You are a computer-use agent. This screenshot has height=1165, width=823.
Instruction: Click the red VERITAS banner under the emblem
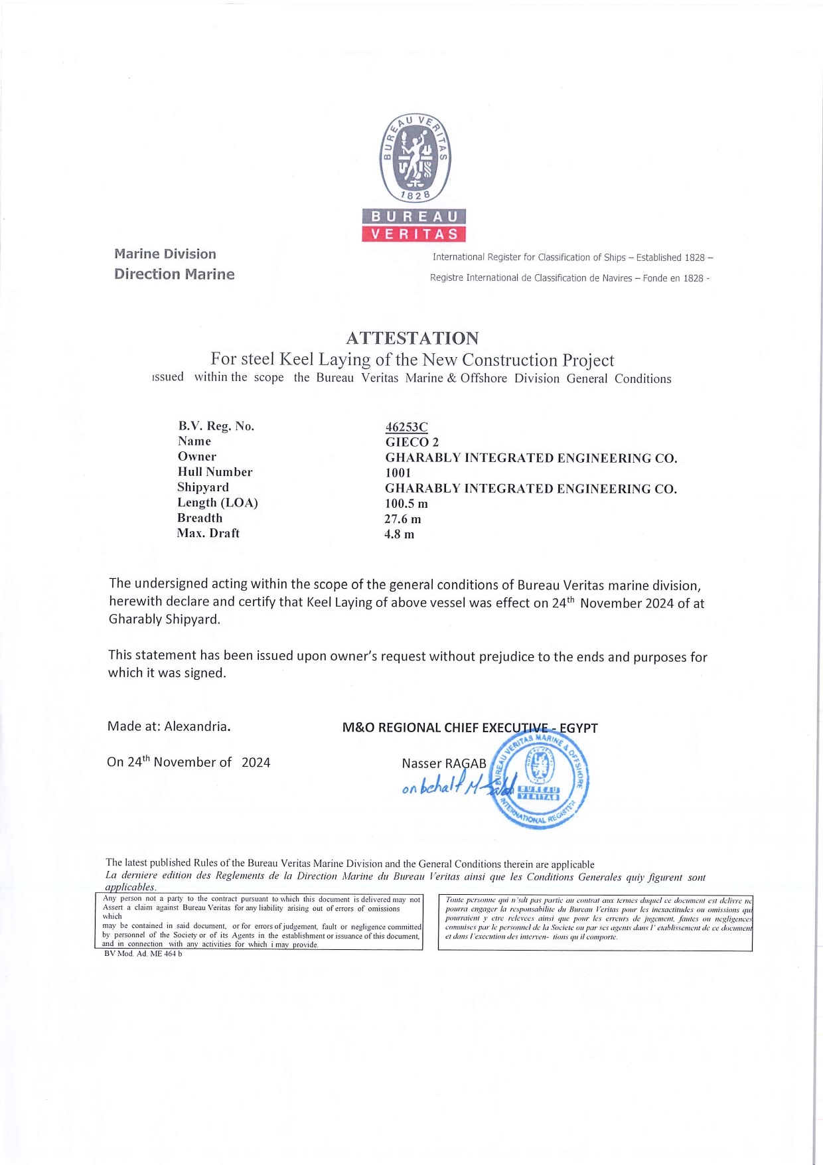pos(414,234)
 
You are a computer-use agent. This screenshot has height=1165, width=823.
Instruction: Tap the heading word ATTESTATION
pos(412,338)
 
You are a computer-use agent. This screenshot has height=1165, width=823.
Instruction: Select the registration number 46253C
pos(406,427)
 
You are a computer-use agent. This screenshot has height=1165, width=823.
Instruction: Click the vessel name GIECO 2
pos(411,442)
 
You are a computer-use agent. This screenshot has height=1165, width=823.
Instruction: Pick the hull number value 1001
pos(398,473)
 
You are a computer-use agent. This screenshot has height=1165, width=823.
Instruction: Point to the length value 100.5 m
pos(406,504)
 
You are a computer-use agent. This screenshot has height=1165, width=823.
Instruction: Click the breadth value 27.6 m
pos(402,519)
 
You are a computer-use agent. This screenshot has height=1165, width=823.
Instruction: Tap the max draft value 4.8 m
pos(399,534)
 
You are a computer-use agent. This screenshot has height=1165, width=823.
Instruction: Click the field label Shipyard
pos(202,487)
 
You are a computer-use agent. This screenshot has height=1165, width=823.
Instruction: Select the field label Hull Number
pos(214,472)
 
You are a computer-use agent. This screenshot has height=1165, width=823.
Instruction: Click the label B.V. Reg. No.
pos(216,426)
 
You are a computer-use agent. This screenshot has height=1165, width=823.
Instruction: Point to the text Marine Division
pos(165,254)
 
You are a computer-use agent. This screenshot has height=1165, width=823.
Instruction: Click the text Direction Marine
pos(174,274)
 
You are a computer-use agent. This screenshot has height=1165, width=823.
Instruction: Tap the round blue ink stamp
pos(538,781)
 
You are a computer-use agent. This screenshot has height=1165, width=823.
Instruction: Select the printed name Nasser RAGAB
pos(443,763)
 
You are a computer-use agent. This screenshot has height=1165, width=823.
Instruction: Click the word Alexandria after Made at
pos(197,726)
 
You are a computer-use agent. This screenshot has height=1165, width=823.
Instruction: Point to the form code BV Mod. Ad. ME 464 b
pos(143,954)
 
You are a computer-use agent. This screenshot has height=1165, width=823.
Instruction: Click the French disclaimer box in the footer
pos(595,922)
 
